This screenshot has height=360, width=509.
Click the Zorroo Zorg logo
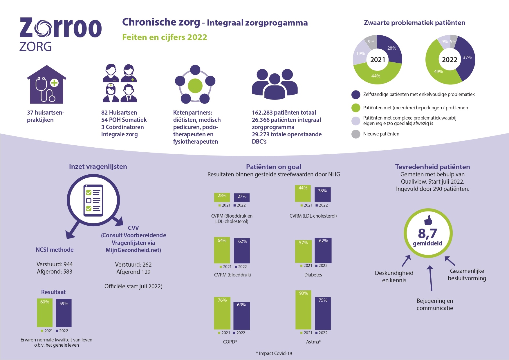[x=60, y=34]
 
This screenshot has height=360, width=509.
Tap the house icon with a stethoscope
[x=47, y=85]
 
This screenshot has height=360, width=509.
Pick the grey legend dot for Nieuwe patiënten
[x=356, y=134]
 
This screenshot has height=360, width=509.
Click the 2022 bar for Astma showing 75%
[x=323, y=313]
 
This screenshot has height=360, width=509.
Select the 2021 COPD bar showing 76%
[x=222, y=313]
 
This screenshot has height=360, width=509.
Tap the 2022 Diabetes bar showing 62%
[x=323, y=250]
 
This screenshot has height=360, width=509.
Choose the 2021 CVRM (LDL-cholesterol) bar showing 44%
[x=303, y=193]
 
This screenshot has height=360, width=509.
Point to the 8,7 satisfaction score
[x=428, y=233]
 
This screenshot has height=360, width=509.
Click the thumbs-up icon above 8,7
[x=428, y=220]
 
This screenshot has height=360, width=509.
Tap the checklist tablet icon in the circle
[x=93, y=200]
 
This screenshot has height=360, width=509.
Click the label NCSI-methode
[x=55, y=250]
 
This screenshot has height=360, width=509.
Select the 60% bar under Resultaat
[x=45, y=313]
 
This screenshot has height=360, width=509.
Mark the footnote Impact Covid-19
[x=274, y=353]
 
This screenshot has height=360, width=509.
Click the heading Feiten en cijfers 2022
[x=165, y=37]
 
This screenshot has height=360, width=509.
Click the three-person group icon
[x=275, y=84]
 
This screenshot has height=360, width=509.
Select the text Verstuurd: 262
[x=133, y=265]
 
